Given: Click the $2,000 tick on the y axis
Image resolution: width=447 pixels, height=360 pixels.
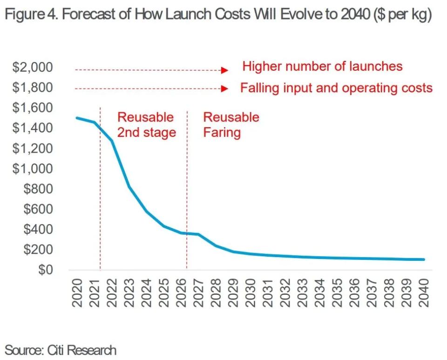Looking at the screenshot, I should (33, 68).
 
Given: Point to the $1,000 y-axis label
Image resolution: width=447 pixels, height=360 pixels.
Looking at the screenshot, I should (33, 169).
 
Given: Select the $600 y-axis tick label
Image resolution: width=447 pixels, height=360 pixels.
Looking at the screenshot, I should (40, 209).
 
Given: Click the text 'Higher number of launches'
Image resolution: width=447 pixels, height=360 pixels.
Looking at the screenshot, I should (322, 66).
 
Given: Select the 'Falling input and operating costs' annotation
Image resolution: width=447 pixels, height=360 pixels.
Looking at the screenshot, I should (337, 88).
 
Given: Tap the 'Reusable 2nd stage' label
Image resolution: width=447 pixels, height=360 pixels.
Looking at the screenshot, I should (146, 125).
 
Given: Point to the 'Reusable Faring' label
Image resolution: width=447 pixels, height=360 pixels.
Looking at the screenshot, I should (231, 125).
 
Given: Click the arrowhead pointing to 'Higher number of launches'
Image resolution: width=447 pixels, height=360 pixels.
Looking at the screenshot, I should (224, 70).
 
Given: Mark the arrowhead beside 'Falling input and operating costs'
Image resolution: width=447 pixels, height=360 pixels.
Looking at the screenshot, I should (224, 88).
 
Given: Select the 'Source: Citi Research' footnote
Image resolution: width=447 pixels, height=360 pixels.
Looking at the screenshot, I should (61, 349).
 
